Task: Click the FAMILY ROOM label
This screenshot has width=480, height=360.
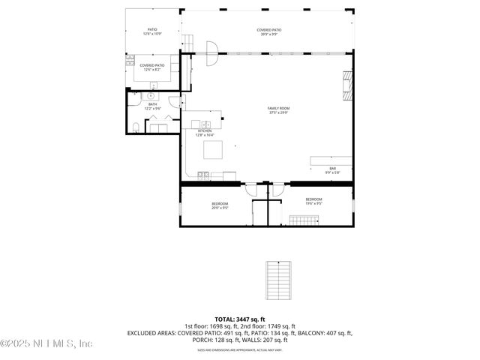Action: [278, 110]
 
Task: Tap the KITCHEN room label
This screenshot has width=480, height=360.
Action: [205, 133]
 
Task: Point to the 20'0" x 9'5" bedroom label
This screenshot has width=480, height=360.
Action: [220, 205]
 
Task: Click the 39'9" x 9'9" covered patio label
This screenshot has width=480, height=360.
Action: [268, 32]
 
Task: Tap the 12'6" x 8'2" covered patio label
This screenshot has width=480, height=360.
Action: [151, 67]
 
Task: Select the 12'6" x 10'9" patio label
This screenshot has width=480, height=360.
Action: [151, 32]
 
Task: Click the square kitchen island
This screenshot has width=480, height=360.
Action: [215, 149]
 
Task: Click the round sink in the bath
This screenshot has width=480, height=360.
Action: [151, 96]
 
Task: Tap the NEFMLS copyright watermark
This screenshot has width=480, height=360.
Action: [46, 343]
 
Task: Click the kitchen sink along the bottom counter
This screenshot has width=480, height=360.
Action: [203, 175]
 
